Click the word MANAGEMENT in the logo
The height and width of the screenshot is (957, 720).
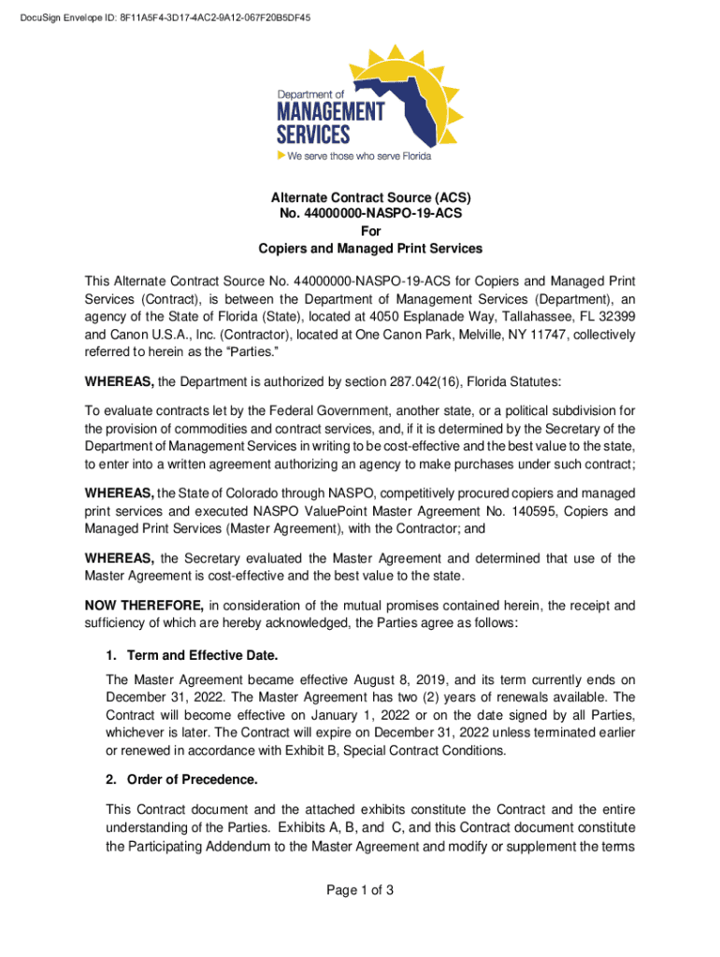point(330,112)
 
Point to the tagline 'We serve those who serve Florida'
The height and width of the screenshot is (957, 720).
point(359,156)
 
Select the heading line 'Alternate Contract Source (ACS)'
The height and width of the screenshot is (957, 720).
point(370,198)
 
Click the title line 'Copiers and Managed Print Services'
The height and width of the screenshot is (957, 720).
point(370,249)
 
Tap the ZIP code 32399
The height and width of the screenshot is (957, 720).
point(617,316)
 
